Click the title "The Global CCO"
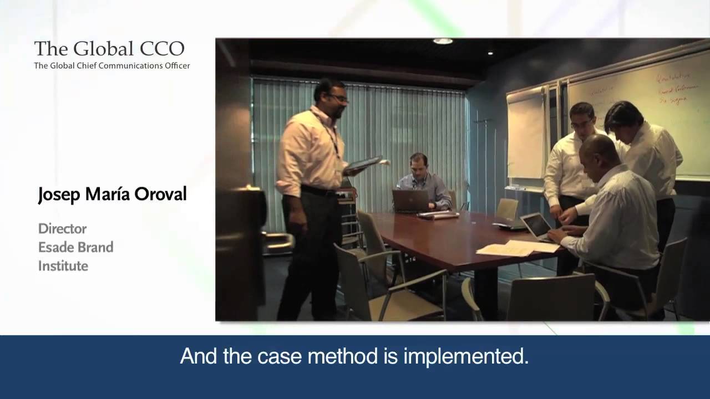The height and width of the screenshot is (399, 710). coord(109,49)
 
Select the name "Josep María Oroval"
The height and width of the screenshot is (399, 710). coord(112,195)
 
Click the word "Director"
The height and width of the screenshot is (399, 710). coord(62,228)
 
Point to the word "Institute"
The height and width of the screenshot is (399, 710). coord(63,266)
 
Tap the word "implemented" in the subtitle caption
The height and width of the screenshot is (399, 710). coord(465,356)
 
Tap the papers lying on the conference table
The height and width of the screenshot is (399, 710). coord(516,248)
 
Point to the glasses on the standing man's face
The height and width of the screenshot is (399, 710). coord(338,98)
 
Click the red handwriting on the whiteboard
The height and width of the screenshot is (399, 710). coord(672,89)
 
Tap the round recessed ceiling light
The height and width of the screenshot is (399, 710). coord(442,42)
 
